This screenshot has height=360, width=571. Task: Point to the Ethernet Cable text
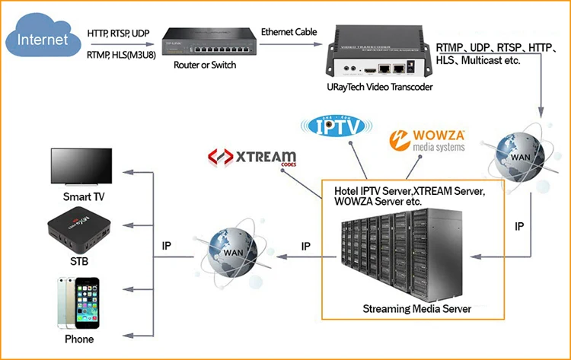pos(289,32)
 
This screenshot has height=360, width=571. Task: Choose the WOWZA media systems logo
pos(431,141)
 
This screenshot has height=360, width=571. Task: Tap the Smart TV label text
pos(84,197)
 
